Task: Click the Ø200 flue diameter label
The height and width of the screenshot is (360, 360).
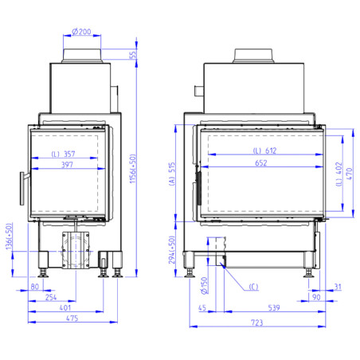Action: [81, 32]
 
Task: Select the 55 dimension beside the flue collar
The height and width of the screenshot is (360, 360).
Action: [133, 55]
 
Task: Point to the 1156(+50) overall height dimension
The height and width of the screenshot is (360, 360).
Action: [133, 169]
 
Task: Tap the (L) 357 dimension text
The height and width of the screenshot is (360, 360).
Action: [63, 154]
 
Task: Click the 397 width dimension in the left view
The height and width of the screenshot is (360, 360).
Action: [67, 165]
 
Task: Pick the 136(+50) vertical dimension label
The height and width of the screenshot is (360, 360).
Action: [9, 237]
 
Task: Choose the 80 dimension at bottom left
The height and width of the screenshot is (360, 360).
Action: [35, 287]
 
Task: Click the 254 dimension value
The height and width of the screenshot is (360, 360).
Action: [51, 297]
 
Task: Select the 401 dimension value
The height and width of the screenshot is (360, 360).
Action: [65, 307]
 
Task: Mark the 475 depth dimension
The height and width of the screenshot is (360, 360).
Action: [72, 319]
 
